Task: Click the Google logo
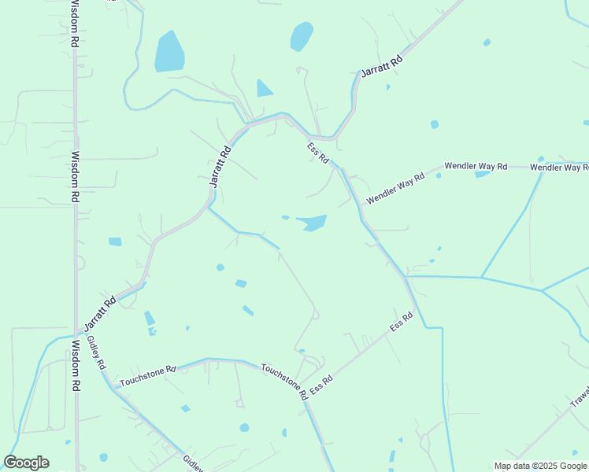(26, 463)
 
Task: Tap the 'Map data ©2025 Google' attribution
(541, 466)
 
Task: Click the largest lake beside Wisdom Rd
(169, 52)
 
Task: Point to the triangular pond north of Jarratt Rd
(263, 90)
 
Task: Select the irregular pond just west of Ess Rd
(313, 223)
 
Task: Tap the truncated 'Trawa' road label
(580, 399)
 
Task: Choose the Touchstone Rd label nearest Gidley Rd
(143, 376)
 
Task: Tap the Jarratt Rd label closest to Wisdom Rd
(100, 311)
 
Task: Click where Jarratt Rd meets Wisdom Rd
(76, 332)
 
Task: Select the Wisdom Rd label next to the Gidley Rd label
(76, 366)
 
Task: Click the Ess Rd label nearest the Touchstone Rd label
(321, 385)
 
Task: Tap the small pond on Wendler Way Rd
(482, 174)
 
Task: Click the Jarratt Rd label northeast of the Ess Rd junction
(382, 65)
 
